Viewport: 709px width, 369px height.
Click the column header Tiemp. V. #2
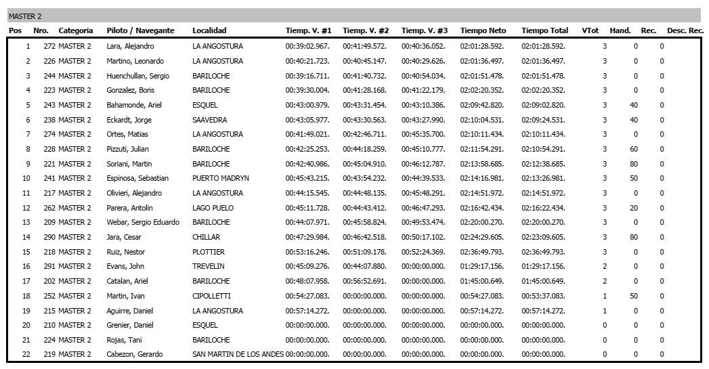(x=366, y=30)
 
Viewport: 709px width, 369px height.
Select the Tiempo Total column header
(x=544, y=30)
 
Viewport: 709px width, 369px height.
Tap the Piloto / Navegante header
(x=140, y=30)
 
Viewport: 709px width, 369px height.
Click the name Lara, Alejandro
(x=130, y=47)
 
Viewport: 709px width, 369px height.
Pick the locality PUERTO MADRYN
(x=221, y=178)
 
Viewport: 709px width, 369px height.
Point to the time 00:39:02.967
(x=307, y=47)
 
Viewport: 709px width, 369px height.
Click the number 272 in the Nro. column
(x=49, y=47)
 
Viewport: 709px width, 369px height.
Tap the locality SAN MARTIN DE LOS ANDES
(x=238, y=354)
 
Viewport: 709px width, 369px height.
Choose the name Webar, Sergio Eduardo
(x=143, y=222)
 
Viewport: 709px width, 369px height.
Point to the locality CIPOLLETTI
(x=213, y=296)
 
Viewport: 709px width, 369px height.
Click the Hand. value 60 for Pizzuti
(x=634, y=149)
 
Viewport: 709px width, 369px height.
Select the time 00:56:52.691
(x=364, y=281)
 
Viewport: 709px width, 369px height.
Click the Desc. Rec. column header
(x=685, y=30)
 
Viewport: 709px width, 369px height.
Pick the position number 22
(x=26, y=354)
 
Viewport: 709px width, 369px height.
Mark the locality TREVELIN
(x=209, y=266)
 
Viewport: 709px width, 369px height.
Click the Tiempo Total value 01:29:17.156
(x=543, y=266)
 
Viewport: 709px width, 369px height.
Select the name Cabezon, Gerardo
(x=135, y=354)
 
